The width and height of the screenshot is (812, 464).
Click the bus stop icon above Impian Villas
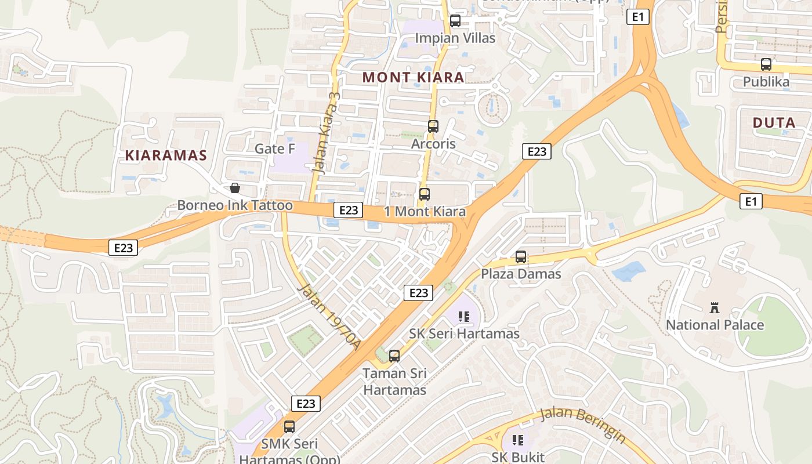click(x=455, y=21)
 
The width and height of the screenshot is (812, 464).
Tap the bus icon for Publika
click(x=766, y=64)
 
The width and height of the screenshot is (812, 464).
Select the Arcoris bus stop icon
click(x=433, y=126)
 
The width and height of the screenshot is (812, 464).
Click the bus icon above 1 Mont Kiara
click(x=425, y=194)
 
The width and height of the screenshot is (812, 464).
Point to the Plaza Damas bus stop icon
click(x=521, y=256)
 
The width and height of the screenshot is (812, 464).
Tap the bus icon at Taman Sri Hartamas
click(x=394, y=356)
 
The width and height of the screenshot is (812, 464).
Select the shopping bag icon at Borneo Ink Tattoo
click(x=235, y=188)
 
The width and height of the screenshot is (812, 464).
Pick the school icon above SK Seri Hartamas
click(x=464, y=317)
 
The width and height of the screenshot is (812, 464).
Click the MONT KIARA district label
click(x=413, y=77)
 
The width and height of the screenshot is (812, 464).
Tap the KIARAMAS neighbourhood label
click(x=166, y=155)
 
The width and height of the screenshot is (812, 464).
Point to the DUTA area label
click(x=774, y=123)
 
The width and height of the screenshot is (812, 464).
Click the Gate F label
click(x=275, y=149)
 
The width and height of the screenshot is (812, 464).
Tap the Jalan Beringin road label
click(x=582, y=424)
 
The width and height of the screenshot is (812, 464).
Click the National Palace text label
click(x=715, y=325)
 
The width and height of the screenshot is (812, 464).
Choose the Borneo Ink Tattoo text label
click(x=235, y=205)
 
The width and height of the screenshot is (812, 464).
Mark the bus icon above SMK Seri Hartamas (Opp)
click(x=289, y=427)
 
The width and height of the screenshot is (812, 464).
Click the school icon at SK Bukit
click(x=518, y=440)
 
